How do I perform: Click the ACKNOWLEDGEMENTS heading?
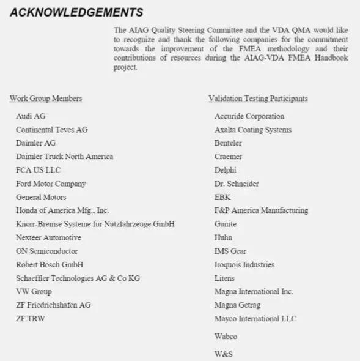[x=76, y=12]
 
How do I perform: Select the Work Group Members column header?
[x=46, y=99]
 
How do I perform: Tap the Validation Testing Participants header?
[x=258, y=99]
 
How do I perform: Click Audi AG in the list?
[x=31, y=116]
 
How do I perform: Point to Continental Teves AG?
[x=52, y=130]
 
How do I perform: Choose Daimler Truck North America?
[x=64, y=157]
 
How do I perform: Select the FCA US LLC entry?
[x=39, y=170]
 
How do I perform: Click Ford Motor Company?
[x=51, y=184]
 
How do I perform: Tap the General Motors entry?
[x=41, y=197]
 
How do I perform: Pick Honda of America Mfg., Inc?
[x=62, y=210]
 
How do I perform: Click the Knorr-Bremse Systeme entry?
[x=95, y=224]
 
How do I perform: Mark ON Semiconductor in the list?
[x=47, y=251]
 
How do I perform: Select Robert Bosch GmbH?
[x=50, y=264]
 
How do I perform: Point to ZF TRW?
[x=31, y=318]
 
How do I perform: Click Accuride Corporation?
[x=249, y=116]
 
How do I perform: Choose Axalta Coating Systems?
[x=253, y=130]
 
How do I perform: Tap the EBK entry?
[x=222, y=197]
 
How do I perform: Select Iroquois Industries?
[x=244, y=264]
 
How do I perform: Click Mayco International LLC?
[x=255, y=318]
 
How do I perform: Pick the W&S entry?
[x=223, y=354]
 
